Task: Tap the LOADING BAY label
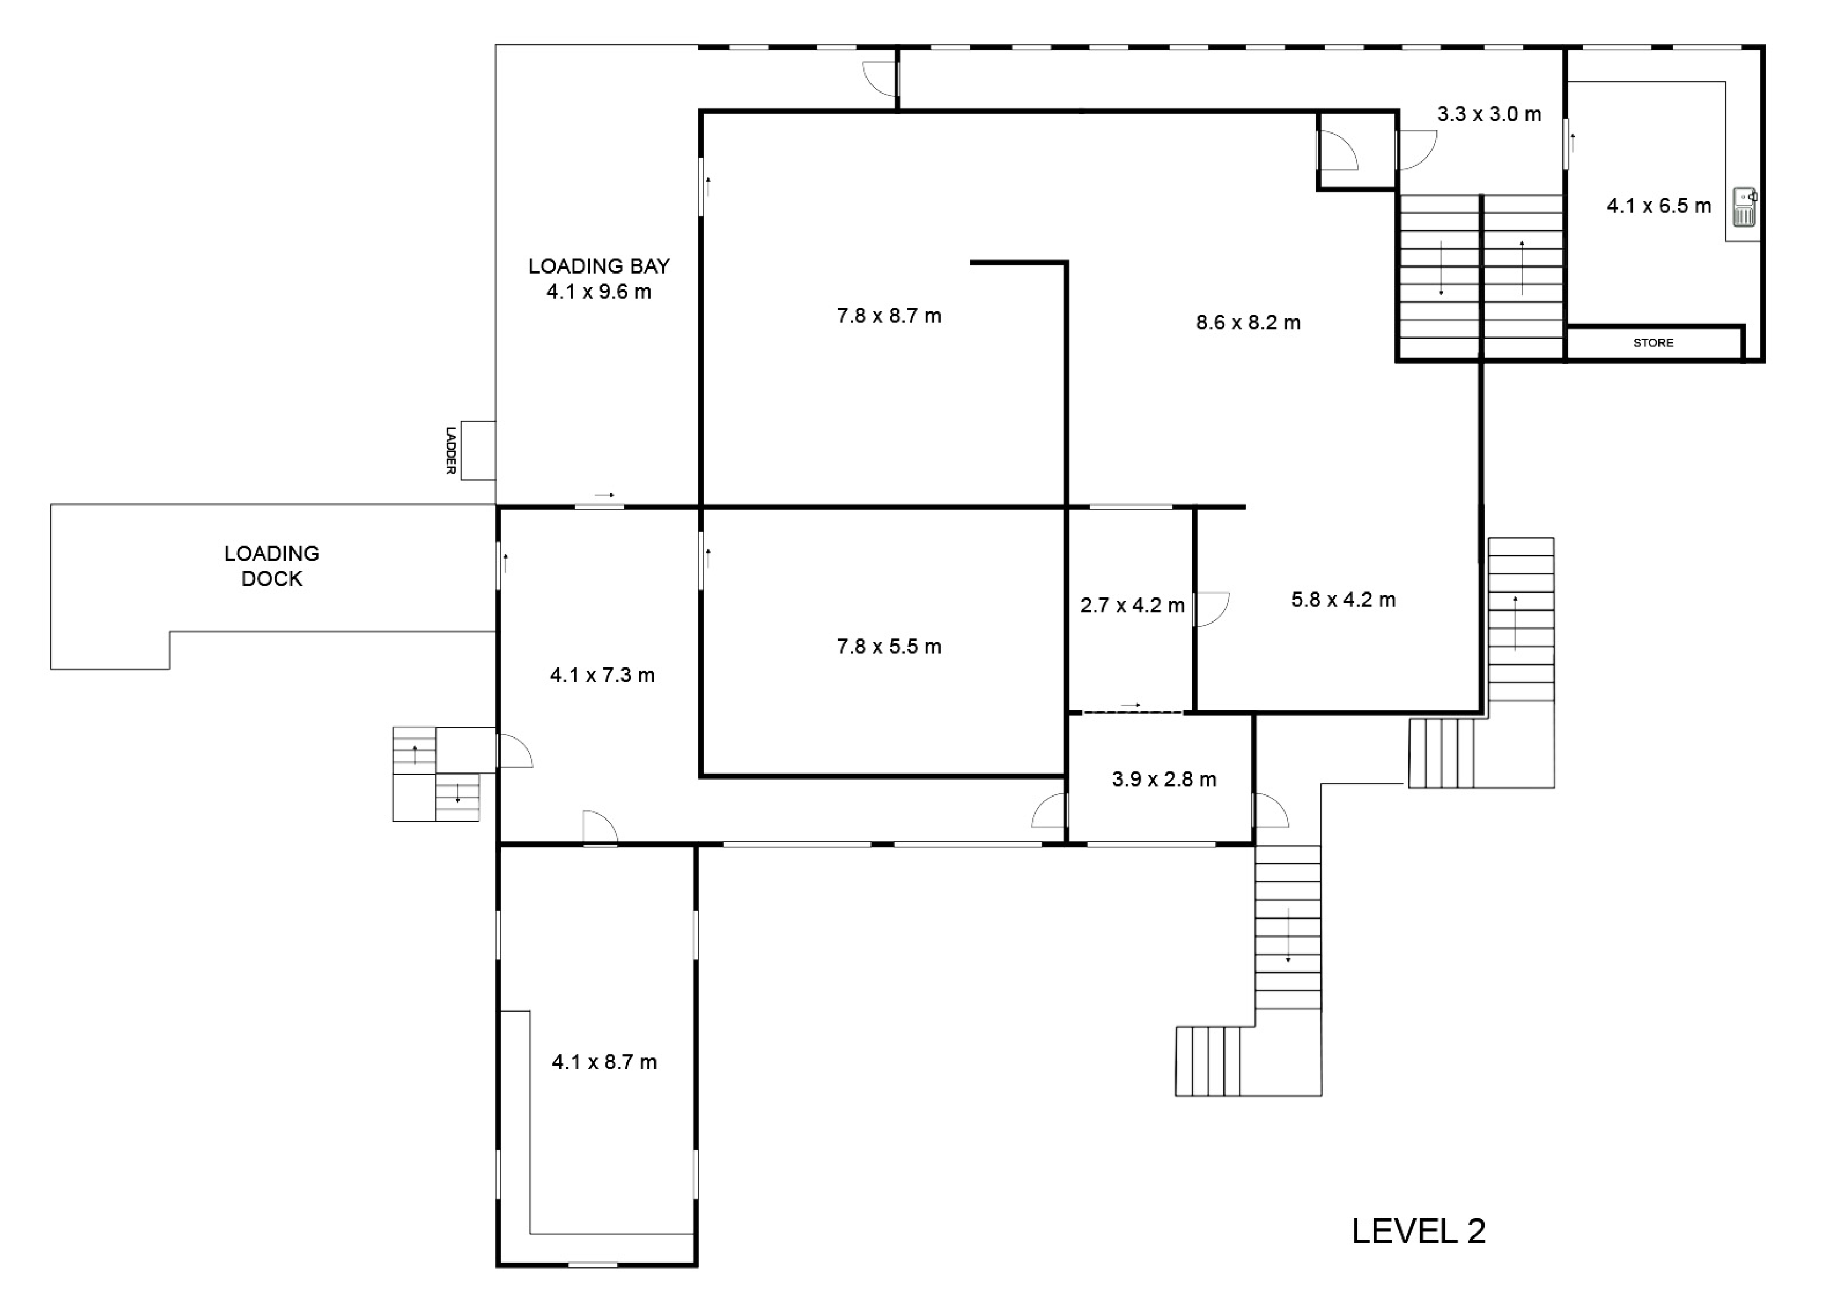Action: (599, 266)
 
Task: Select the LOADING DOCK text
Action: (272, 566)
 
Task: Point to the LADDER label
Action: (451, 451)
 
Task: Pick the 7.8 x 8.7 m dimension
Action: (889, 316)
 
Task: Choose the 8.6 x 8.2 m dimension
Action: (1248, 323)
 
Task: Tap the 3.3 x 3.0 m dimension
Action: (1489, 114)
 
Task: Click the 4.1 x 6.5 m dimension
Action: (1659, 205)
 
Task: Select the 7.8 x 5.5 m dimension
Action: (889, 646)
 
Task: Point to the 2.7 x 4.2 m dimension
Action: (1132, 605)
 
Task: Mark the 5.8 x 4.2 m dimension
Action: (1343, 599)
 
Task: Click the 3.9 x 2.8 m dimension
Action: (1164, 780)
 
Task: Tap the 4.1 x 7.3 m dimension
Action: (602, 675)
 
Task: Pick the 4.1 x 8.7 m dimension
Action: (604, 1062)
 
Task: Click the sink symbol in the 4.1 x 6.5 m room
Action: (1745, 207)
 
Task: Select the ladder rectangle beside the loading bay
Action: (478, 451)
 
